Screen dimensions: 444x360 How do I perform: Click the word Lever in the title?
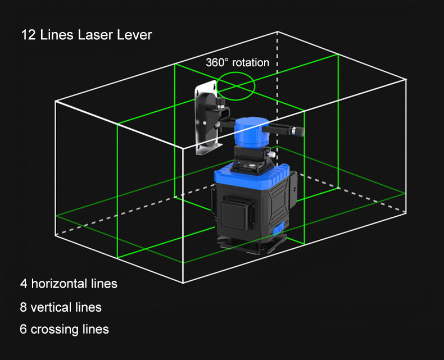(x=134, y=35)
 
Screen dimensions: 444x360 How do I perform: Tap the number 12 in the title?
(x=29, y=35)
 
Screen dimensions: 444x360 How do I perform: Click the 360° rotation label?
(x=237, y=62)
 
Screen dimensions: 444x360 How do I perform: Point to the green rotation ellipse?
(x=235, y=73)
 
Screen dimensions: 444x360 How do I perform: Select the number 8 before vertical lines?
(x=23, y=307)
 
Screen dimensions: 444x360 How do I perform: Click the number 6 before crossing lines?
(x=23, y=329)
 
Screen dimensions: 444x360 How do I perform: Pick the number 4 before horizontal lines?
(x=24, y=284)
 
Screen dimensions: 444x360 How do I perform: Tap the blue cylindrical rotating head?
(x=251, y=133)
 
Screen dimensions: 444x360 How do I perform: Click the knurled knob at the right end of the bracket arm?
(x=298, y=131)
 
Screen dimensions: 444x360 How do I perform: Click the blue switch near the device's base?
(x=279, y=229)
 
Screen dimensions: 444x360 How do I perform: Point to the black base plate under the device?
(x=252, y=244)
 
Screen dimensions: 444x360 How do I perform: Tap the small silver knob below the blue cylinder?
(x=271, y=154)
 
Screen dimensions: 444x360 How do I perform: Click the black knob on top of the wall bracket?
(x=220, y=102)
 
